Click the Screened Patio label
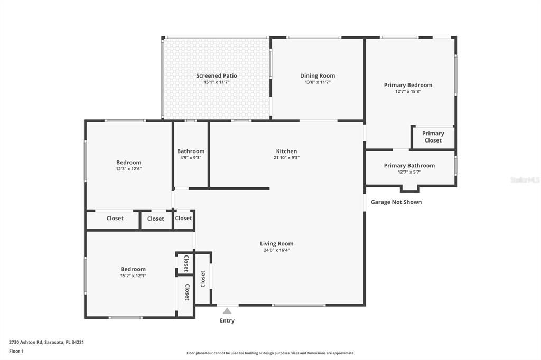point(216,76)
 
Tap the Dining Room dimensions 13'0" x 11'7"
point(318,82)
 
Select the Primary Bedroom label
point(408,85)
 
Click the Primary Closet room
point(433,137)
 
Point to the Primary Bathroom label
point(409,166)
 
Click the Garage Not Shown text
point(396,202)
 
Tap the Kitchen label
point(286,151)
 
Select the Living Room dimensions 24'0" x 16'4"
point(276,250)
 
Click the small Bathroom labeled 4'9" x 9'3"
point(190,154)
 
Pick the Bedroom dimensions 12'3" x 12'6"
point(129,169)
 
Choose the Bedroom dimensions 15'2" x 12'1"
point(133,276)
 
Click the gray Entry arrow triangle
point(227,311)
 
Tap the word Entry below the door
point(227,321)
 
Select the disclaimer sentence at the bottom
point(270,353)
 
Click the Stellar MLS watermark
point(525,180)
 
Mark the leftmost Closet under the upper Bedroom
point(115,219)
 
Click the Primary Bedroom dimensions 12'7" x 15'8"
point(408,91)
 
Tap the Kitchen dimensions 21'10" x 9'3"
point(286,158)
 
